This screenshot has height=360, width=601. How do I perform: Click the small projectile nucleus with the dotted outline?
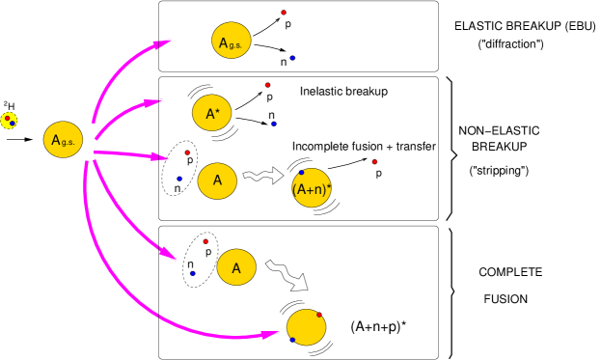pos(9,121)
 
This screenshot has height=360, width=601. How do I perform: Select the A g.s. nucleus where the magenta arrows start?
pos(63,140)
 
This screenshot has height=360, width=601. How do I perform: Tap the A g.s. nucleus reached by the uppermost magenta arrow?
pos(232,41)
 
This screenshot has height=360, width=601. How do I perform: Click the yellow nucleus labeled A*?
pos(212,113)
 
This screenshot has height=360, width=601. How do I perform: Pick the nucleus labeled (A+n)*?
pos(312,188)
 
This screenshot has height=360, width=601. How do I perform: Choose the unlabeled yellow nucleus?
pos(307,327)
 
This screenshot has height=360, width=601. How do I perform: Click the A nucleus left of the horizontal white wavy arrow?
pos(217,180)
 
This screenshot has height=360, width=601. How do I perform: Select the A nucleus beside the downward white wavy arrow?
pos(236,267)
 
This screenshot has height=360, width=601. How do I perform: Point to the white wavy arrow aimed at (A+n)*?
pos(262,176)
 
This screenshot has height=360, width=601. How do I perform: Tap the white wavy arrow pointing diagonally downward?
pos(287,274)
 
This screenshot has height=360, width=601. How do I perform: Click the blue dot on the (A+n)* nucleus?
pos(301,173)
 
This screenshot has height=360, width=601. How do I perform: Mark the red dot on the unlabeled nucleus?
pos(319,315)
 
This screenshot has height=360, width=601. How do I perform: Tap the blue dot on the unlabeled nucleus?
pos(292,340)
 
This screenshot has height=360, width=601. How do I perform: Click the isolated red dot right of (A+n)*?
pos(374,162)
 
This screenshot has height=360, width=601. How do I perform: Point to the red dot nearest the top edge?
pos(284,13)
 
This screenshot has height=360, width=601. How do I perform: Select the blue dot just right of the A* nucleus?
pos(274,124)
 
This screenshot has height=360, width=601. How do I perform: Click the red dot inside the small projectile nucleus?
pos(7,118)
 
